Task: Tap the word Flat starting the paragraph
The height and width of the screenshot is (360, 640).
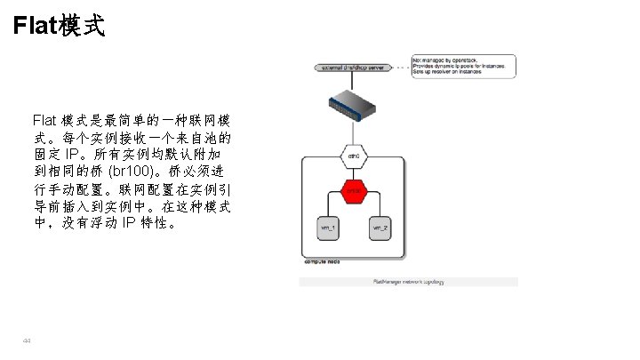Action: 45,119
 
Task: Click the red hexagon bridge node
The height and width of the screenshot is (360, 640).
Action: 355,191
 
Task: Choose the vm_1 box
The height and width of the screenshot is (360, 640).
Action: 329,228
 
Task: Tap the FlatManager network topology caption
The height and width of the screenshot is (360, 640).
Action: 408,282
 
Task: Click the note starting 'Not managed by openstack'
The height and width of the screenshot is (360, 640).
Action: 462,68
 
